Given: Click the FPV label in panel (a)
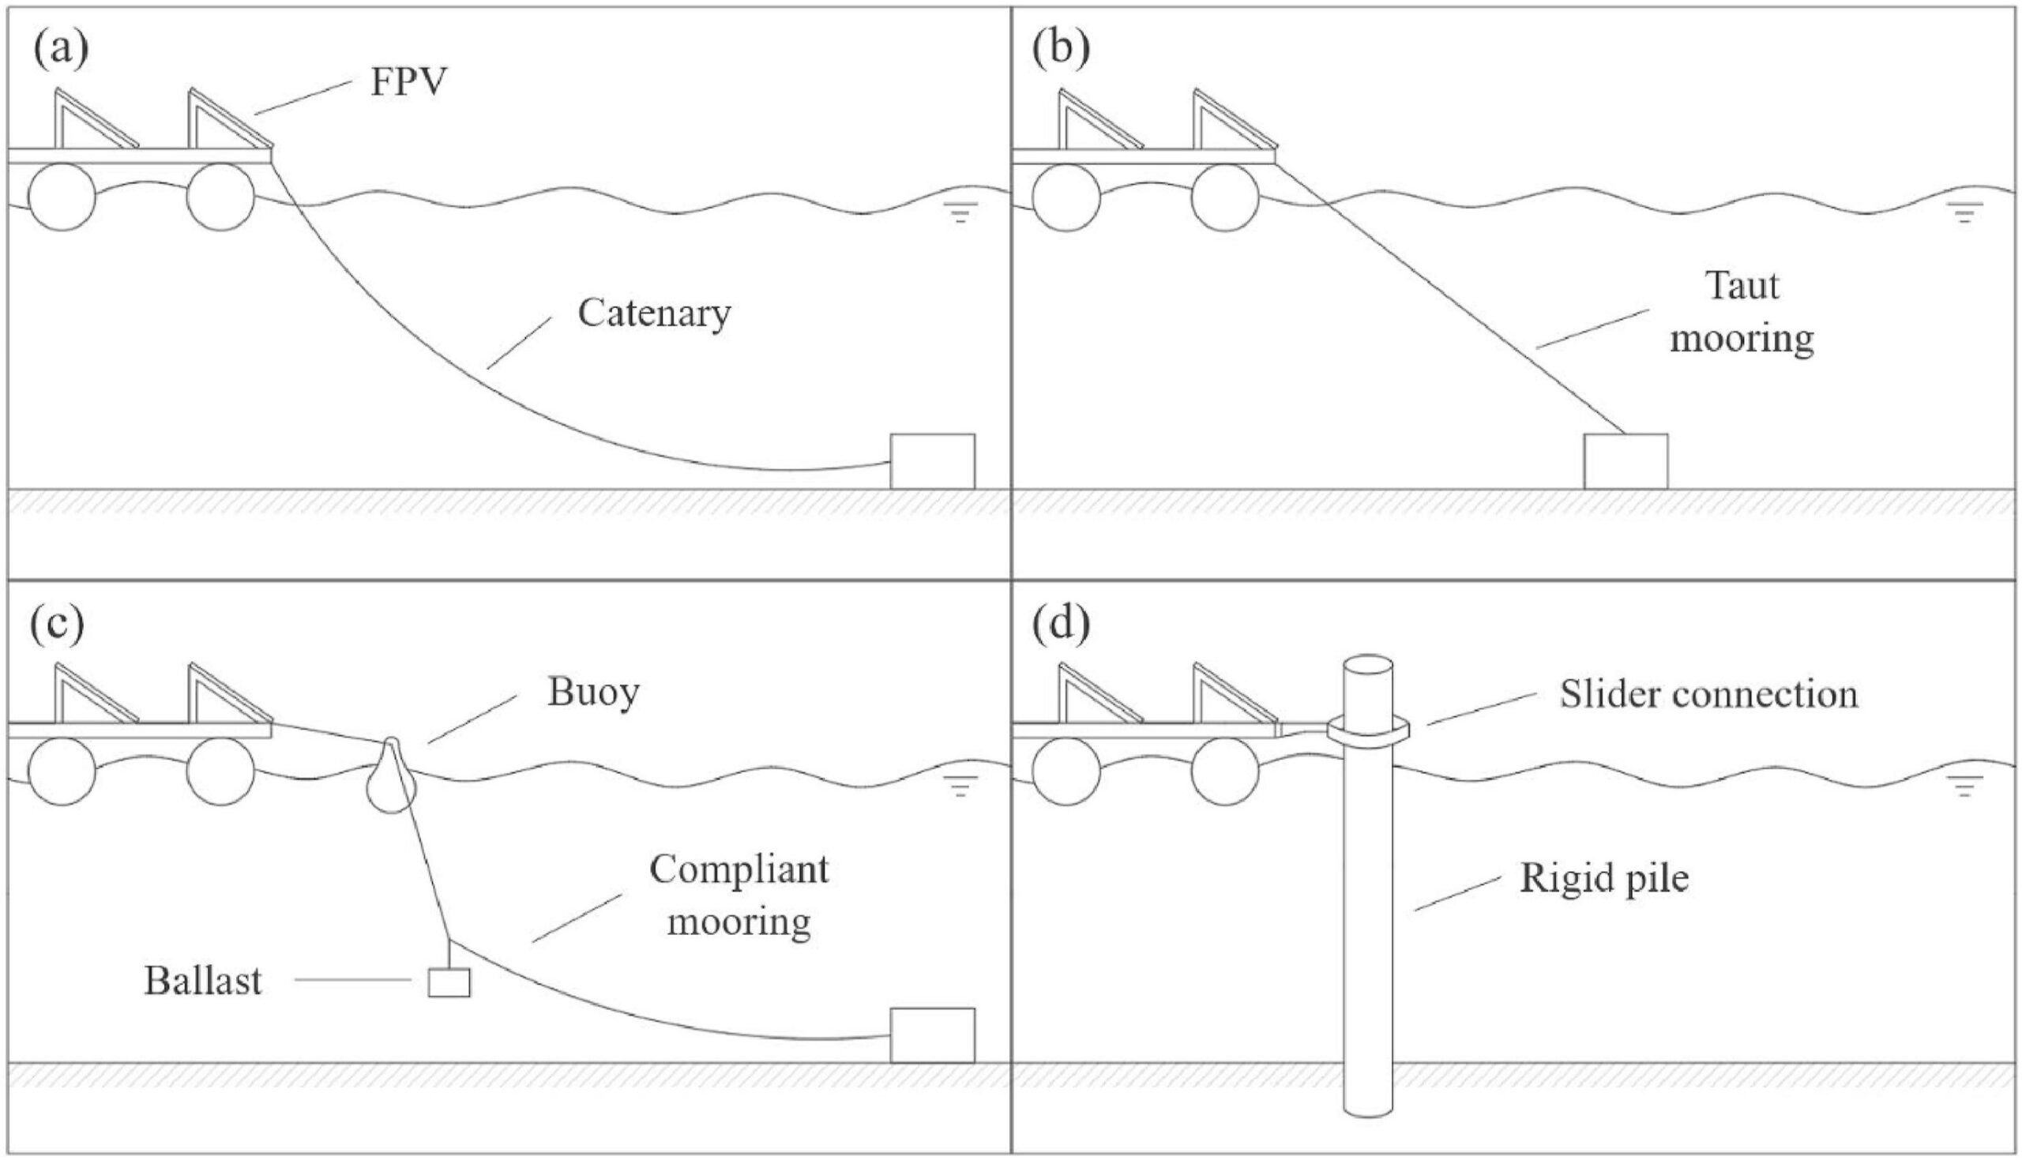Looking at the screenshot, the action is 408,82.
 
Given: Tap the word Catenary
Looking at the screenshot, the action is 654,314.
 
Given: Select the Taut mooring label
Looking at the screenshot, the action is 1742,313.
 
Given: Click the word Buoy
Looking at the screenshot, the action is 593,693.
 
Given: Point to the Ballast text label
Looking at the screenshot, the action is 202,981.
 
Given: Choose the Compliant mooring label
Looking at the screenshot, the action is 739,895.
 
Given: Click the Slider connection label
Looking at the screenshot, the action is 1709,695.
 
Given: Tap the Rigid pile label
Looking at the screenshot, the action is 1604,879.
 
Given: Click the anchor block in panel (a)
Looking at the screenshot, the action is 932,461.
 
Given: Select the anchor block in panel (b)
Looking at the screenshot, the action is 1625,461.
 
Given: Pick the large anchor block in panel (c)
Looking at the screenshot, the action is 932,1036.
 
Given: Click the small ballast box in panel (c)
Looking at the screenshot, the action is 449,982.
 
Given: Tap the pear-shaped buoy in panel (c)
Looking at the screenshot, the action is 391,776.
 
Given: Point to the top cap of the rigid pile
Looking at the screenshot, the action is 1369,664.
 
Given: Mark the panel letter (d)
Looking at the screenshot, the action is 1062,625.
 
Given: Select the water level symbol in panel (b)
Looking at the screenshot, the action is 1964,212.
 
